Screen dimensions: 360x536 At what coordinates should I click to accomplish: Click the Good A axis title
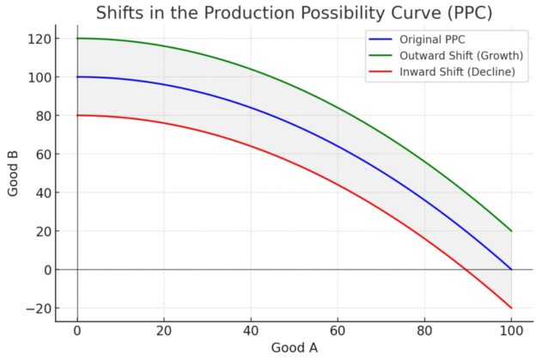tap(295, 348)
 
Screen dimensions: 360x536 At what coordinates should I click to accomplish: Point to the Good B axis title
tap(14, 173)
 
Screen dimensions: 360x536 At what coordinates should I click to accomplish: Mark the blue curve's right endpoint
tap(511, 270)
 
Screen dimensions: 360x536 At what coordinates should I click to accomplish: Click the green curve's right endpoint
tap(511, 231)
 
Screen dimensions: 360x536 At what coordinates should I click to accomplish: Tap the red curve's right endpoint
tap(511, 308)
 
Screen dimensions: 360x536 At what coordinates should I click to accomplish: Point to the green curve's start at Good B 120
tap(77, 39)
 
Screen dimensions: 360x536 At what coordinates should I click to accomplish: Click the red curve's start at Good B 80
tap(77, 115)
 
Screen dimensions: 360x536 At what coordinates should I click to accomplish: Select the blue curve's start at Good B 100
tap(77, 77)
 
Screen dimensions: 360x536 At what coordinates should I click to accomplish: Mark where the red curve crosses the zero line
tap(465, 270)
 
